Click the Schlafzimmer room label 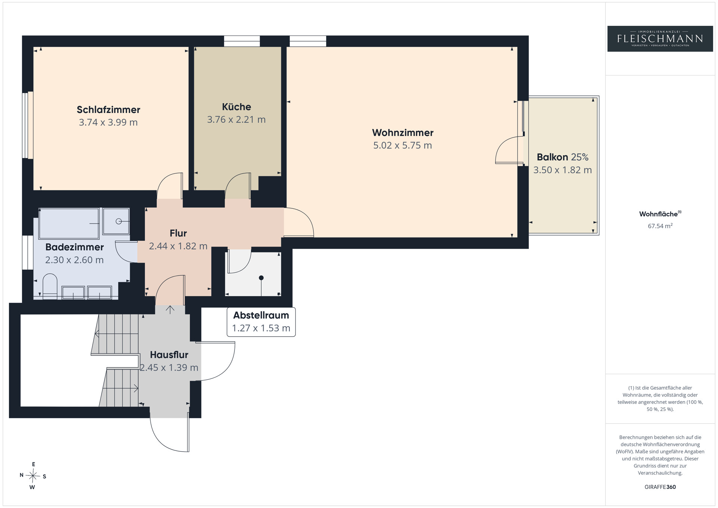point(108,110)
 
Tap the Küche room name point(236,107)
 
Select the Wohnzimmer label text point(403,132)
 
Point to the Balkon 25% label point(562,157)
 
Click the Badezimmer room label point(74,247)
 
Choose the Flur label point(178,233)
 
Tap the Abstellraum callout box point(261,322)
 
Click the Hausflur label point(169,355)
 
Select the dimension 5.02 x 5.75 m point(402,145)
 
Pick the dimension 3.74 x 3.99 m point(108,122)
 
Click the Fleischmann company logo point(660,39)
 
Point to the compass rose point(33,476)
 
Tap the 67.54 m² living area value point(660,226)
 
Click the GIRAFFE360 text point(660,487)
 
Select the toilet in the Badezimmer point(50,286)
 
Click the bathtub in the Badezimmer point(69,223)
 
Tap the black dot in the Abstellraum point(261,278)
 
